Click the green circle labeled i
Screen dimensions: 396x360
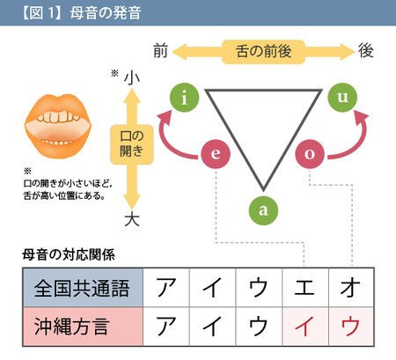pyautogui.click(x=185, y=98)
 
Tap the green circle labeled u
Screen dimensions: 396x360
pyautogui.click(x=342, y=98)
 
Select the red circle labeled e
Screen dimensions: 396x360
pyautogui.click(x=216, y=154)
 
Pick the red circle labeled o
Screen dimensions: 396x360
pyautogui.click(x=310, y=154)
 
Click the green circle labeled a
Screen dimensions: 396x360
pyautogui.click(x=263, y=210)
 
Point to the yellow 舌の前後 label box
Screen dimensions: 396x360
pyautogui.click(x=263, y=52)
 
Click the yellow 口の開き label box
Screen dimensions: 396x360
pyautogui.click(x=132, y=144)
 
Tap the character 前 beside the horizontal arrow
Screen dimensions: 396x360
pyautogui.click(x=160, y=51)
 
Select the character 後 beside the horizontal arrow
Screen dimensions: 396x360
pyautogui.click(x=366, y=50)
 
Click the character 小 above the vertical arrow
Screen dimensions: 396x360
pyautogui.click(x=132, y=77)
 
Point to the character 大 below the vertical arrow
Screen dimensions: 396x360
pyautogui.click(x=132, y=219)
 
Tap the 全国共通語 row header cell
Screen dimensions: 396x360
pyautogui.click(x=83, y=288)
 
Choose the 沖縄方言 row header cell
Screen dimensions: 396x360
pyautogui.click(x=83, y=327)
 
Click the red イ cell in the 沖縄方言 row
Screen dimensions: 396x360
pyautogui.click(x=305, y=327)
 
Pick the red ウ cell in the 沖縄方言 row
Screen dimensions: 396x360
pyautogui.click(x=351, y=327)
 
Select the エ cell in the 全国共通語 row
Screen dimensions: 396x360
pyautogui.click(x=305, y=288)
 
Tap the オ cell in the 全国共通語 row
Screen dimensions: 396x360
pyautogui.click(x=351, y=288)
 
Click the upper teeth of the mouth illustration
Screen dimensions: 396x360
pyautogui.click(x=58, y=117)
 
